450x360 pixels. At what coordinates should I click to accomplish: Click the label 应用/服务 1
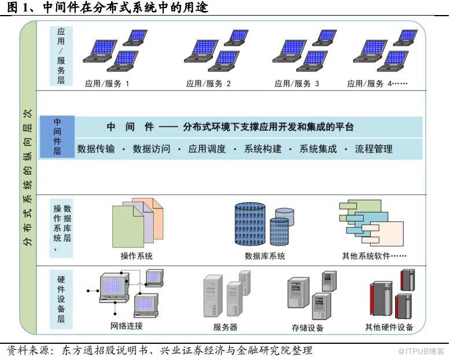tap(107, 84)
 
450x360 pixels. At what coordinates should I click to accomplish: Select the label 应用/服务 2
tap(209, 84)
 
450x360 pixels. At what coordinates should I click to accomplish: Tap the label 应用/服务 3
tap(297, 84)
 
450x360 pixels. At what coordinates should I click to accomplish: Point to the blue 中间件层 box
tap(57, 137)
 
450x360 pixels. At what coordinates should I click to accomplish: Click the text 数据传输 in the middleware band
tap(95, 149)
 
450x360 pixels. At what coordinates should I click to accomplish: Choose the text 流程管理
tap(373, 149)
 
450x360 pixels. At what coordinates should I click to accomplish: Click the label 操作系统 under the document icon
tap(137, 256)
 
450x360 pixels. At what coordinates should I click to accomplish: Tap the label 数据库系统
tap(265, 256)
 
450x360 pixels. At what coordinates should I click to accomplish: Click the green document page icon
tap(127, 227)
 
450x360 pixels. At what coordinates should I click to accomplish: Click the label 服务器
tap(225, 327)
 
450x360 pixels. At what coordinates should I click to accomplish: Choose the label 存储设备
tap(308, 328)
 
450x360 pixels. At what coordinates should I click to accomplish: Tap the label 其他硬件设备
tap(389, 327)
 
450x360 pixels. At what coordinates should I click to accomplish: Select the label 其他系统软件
tap(374, 256)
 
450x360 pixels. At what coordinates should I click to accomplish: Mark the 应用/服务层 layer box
tap(61, 55)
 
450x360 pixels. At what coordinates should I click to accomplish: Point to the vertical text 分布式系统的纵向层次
tap(28, 179)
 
